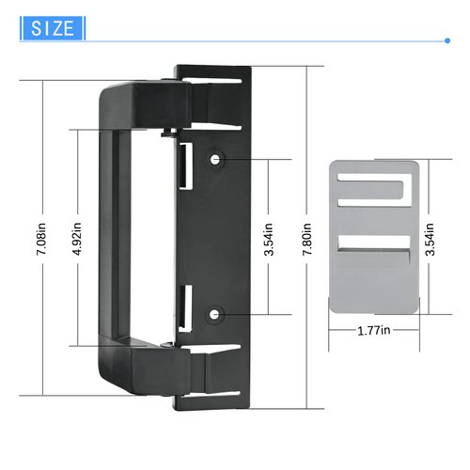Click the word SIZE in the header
tap(53, 28)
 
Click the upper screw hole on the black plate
tap(217, 159)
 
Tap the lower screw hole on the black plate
tap(217, 311)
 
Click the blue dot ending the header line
tap(446, 40)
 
